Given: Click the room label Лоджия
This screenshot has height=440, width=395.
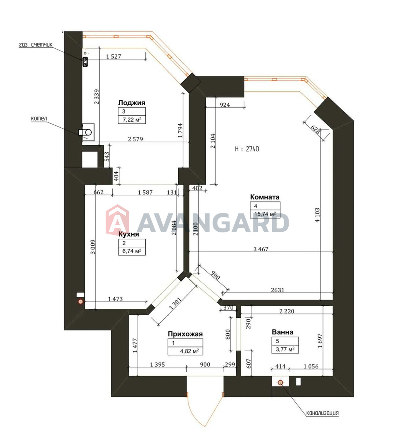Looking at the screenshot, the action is [x=132, y=103].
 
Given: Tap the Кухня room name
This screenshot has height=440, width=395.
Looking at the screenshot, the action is [x=129, y=234].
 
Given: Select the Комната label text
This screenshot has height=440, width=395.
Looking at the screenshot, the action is [x=265, y=197].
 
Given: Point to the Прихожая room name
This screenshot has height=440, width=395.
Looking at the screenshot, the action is [x=185, y=334].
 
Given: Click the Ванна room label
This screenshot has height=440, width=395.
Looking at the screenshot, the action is [x=282, y=332].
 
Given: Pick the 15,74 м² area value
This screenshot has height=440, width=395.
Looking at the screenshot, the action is [x=265, y=214].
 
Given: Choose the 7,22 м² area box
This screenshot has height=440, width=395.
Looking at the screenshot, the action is [x=132, y=120].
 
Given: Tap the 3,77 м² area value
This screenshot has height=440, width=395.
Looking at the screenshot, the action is [x=285, y=349].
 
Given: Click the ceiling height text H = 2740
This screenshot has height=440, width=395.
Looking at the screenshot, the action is [x=247, y=149].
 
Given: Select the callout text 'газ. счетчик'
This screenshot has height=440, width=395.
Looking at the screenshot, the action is [x=36, y=45].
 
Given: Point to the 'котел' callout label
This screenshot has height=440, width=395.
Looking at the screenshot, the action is [x=39, y=118].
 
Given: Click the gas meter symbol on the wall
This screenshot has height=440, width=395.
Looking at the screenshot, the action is [x=85, y=62].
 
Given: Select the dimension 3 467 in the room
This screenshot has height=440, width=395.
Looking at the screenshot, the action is [x=261, y=249].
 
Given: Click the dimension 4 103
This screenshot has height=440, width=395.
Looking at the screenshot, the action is [x=318, y=215].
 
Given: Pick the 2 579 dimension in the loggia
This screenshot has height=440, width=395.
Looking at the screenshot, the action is [x=135, y=139].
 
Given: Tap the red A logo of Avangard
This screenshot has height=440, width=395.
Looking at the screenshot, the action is [x=117, y=219].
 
